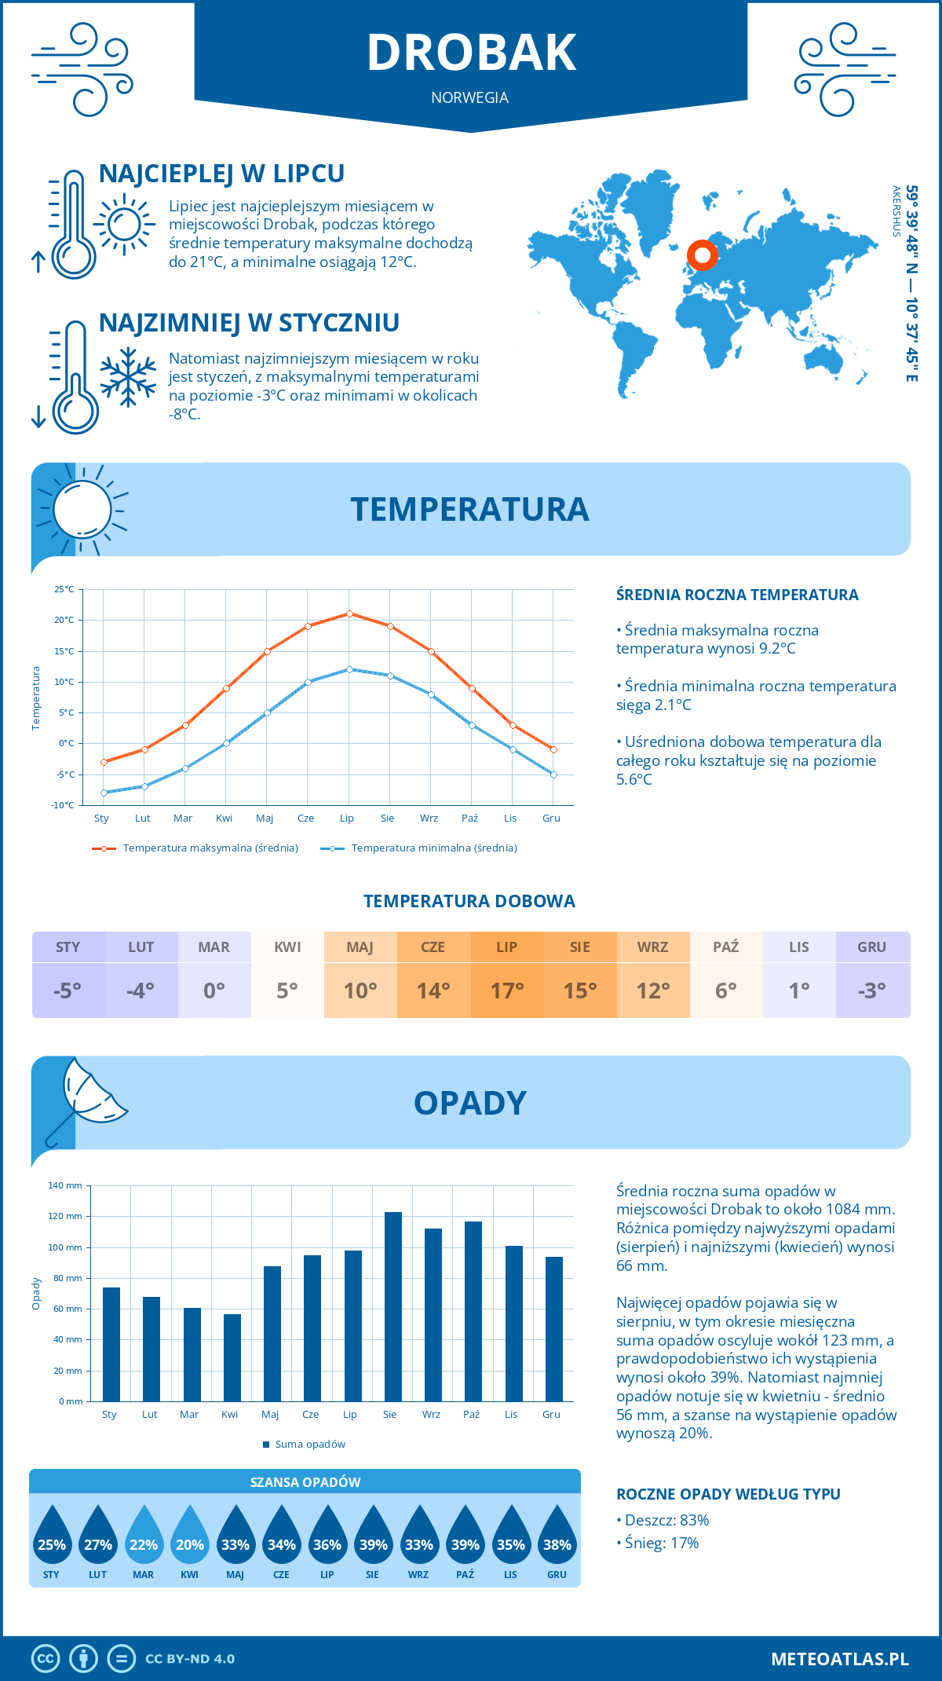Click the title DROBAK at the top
point(471,53)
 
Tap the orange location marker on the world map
point(702,255)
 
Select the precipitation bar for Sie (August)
point(392,1306)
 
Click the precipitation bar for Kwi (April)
point(232,1357)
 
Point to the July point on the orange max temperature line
point(349,613)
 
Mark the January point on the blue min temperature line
point(104,793)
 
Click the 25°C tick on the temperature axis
point(64,589)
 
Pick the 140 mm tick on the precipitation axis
point(65,1185)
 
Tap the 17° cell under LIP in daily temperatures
point(506,991)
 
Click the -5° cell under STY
point(68,991)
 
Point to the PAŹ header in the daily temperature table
point(725,947)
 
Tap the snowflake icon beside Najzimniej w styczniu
point(128,377)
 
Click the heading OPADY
point(469,1103)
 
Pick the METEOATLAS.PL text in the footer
point(839,1658)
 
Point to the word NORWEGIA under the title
point(469,97)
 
